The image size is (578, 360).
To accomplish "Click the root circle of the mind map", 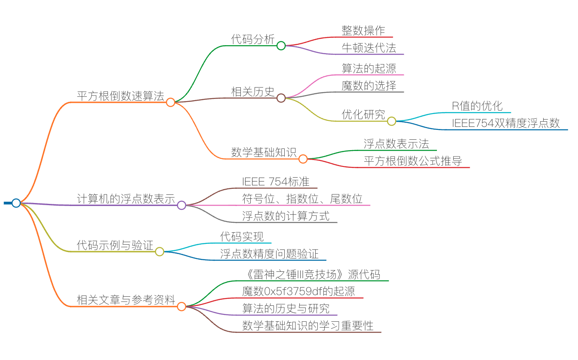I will pos(16,203).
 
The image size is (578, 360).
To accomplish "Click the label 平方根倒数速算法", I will pos(120,96).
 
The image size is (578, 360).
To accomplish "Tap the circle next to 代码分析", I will pos(281,46).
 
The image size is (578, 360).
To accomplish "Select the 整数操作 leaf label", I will pos(363,31).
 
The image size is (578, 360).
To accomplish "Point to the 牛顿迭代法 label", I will pos(369,48).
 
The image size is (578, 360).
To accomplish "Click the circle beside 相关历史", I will pos(281,98).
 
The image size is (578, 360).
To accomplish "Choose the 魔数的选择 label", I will pos(369,86).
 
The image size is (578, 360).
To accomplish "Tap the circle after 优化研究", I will pos(391,121).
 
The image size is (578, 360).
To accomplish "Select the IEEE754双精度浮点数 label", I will pos(506,123).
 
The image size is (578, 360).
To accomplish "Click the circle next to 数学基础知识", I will pos(303,159).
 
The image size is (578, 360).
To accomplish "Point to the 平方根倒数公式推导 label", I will pos(413,161).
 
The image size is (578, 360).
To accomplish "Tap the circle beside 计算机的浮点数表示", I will pos(181,206).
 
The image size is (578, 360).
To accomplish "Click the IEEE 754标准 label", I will pos(276,182).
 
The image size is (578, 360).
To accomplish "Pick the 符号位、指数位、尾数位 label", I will pos(302,199).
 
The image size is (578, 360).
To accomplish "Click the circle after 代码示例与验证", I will pos(160,252).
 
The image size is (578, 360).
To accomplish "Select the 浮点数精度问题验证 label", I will pos(269,254).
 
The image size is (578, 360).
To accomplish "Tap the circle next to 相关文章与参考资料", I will pos(181,307).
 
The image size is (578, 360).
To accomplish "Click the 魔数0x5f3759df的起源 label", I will pos(298,292).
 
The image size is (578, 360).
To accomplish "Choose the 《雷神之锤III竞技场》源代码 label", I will pos(311,274).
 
